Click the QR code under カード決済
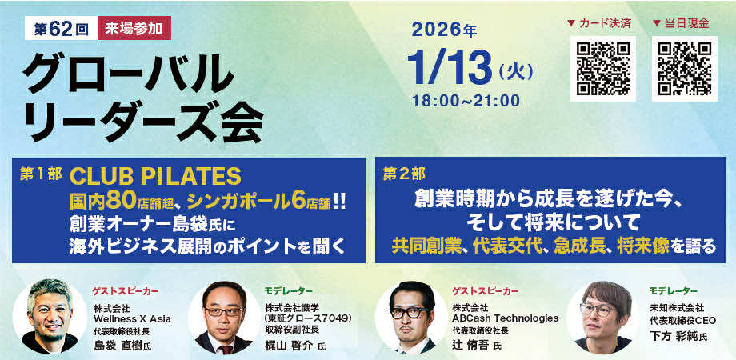(x=603, y=69)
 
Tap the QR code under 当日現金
(x=684, y=69)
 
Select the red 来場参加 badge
(x=134, y=28)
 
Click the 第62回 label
(x=61, y=28)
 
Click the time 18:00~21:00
(x=466, y=101)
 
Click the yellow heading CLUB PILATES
(x=155, y=176)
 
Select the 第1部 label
(x=41, y=174)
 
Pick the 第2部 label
(x=404, y=174)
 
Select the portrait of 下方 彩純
(x=602, y=317)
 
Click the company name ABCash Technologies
(x=505, y=318)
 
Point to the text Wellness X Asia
(x=132, y=319)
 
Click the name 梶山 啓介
(x=290, y=346)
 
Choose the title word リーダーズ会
(x=143, y=122)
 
